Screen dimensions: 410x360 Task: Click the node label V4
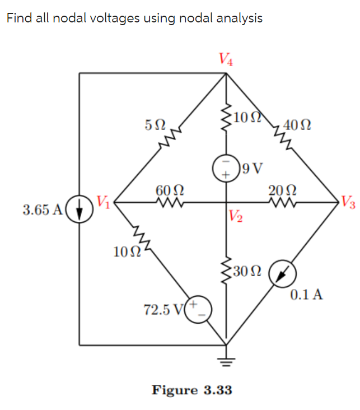pos(226,58)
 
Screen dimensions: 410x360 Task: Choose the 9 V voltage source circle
pos(226,168)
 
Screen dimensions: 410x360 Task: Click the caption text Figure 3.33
pos(191,390)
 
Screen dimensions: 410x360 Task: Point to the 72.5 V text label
pos(165,310)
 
